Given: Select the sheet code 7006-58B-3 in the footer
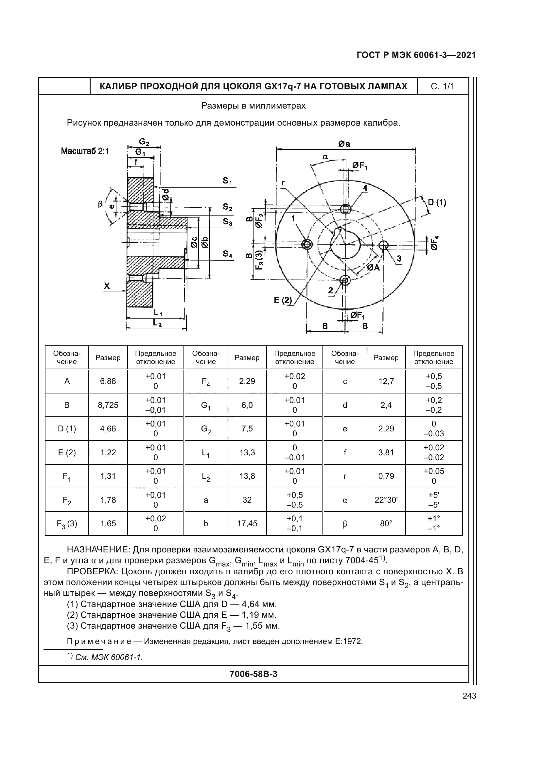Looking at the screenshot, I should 253,674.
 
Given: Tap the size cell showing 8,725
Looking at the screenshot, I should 108,405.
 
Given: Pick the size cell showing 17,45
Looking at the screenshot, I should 247,523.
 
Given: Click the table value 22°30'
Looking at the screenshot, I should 386,500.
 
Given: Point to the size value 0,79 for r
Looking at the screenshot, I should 386,476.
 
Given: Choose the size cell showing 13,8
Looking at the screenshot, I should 247,476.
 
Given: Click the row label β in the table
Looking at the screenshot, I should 345,524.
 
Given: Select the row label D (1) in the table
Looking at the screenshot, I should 67,428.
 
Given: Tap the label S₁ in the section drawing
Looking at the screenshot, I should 228,181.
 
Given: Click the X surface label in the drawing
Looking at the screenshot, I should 107,286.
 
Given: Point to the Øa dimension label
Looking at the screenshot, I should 344,144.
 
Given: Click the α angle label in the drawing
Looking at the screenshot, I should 325,157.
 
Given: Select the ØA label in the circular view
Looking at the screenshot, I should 374,268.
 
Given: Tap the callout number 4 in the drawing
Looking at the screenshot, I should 365,188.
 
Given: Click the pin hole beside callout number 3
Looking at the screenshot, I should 384,245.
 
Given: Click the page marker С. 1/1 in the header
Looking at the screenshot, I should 443,87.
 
